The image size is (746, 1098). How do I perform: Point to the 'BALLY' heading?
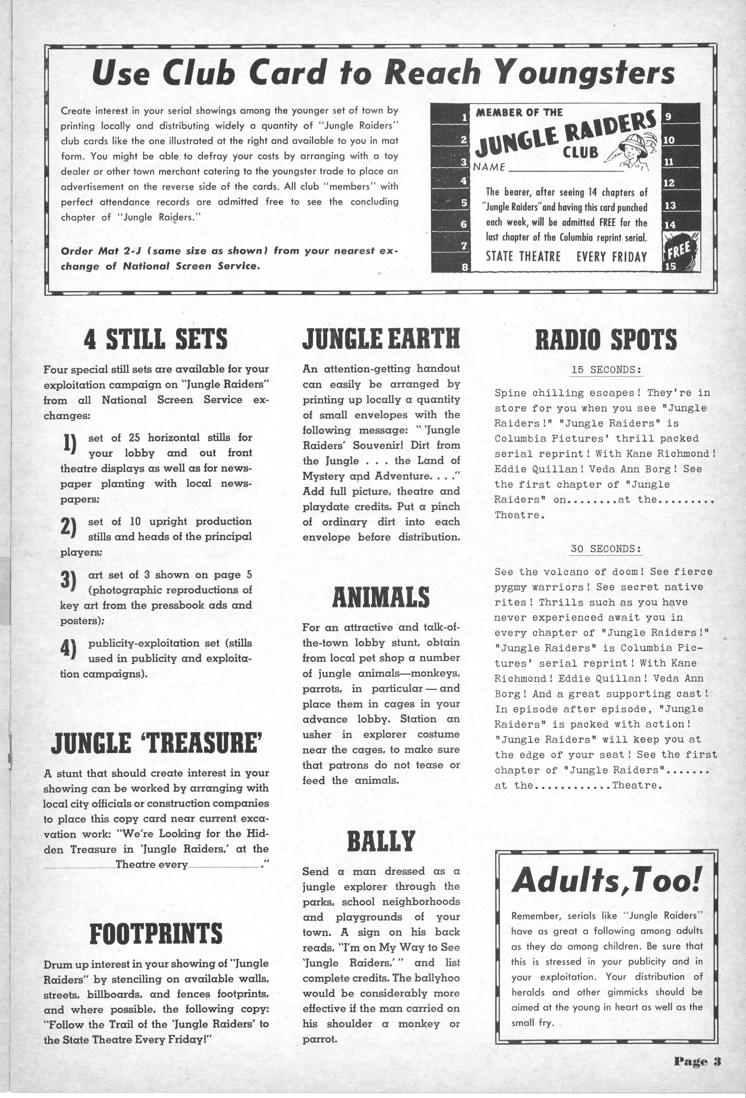coord(380,841)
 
